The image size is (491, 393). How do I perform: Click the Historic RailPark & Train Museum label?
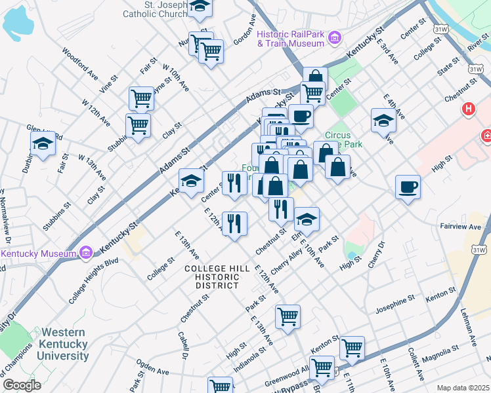coord(291,39)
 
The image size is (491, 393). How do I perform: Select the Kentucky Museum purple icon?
coord(85,253)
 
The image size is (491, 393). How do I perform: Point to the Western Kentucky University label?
coord(57,345)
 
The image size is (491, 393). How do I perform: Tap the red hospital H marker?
coord(469,109)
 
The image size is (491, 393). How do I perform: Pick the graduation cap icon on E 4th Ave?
coord(383,120)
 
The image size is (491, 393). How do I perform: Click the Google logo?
coord(22,385)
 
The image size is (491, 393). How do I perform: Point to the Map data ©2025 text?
coord(462,388)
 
